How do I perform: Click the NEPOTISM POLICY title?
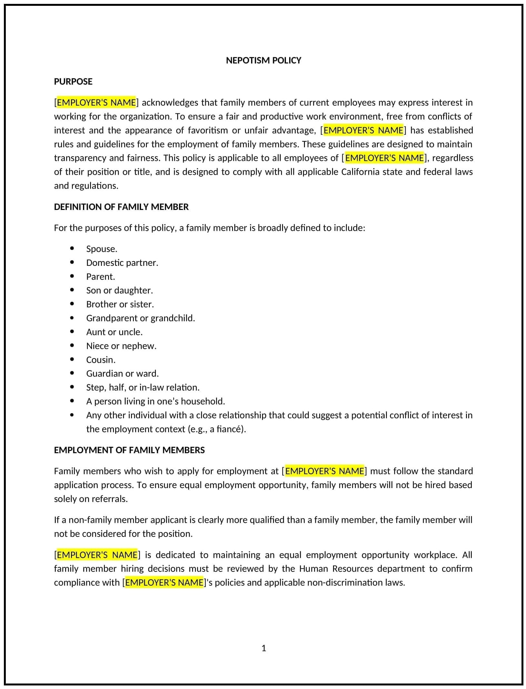coord(263,60)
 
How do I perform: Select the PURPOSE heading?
coord(73,81)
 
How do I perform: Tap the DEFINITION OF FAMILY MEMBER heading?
coord(121,207)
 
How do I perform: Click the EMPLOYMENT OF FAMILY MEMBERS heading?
coord(129,450)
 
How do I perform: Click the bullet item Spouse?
coord(102,249)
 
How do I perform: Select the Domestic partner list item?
coord(122,263)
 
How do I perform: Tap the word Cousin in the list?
coord(100,360)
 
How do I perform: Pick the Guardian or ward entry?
coord(122,373)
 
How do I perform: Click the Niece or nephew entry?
coord(121,346)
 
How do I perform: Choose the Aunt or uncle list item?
coord(114,332)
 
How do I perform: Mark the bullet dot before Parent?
coord(72,276)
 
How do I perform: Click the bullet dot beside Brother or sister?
coord(72,304)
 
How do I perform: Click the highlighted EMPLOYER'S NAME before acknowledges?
coord(96,102)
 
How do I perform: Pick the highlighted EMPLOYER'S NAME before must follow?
coord(324,471)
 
